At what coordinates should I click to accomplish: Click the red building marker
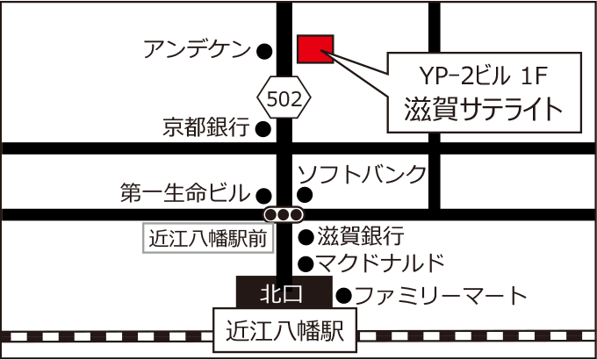point(314,50)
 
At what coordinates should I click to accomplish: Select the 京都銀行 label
point(206,128)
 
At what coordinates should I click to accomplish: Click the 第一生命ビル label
point(185,193)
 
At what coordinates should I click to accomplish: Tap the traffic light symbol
point(284,214)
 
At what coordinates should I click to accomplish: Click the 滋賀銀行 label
point(360,236)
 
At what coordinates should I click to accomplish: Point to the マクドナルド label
point(380,263)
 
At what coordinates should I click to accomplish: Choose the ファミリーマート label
point(440,295)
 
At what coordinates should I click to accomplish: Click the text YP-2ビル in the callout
point(454,76)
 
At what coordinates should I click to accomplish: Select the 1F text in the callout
point(529,76)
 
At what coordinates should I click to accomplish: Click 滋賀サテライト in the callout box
point(483,109)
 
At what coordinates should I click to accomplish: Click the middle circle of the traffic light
point(284,214)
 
